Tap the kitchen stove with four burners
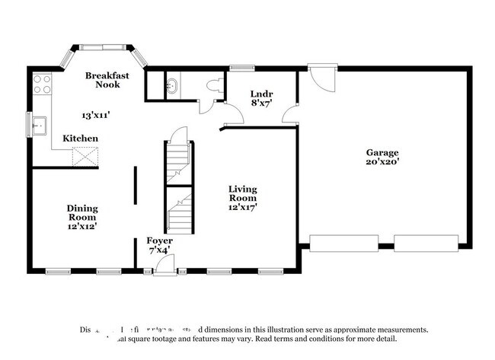pyautogui.click(x=41, y=83)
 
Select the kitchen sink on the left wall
pyautogui.click(x=37, y=123)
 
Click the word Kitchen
pyautogui.click(x=80, y=139)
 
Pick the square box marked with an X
pyautogui.click(x=84, y=157)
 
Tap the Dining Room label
pyautogui.click(x=81, y=212)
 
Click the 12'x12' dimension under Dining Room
pyautogui.click(x=81, y=226)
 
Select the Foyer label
pyautogui.click(x=160, y=241)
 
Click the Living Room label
pyautogui.click(x=243, y=193)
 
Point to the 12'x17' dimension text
pyautogui.click(x=243, y=206)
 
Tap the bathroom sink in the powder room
pyautogui.click(x=171, y=85)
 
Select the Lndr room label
pyautogui.click(x=261, y=94)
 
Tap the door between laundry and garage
pyautogui.click(x=289, y=114)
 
